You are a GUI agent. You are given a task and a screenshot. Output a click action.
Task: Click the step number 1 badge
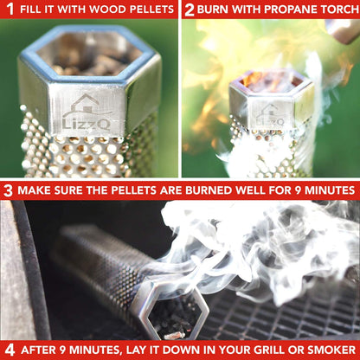click(8, 10)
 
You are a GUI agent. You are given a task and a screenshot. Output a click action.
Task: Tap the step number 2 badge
click(189, 10)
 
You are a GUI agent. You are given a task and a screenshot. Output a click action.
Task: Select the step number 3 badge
click(8, 190)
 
